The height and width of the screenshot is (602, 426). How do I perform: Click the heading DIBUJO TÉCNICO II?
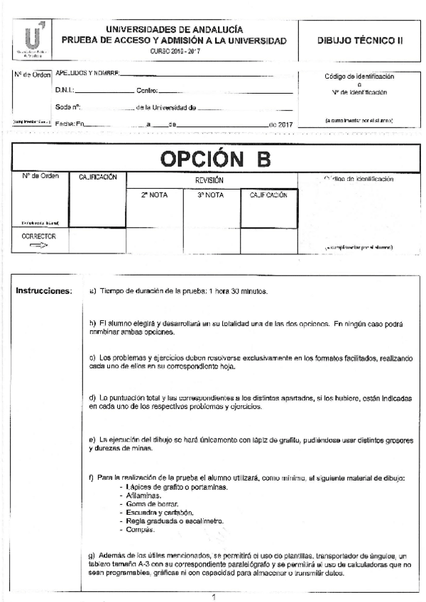pyautogui.click(x=360, y=41)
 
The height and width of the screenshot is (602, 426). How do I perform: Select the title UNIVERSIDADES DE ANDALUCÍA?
pyautogui.click(x=175, y=29)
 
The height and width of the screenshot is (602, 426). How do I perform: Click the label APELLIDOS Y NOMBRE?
pyautogui.click(x=86, y=73)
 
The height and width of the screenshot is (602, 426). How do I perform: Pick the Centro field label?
pyautogui.click(x=148, y=91)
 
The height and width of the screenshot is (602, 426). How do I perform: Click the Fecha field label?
pyautogui.click(x=66, y=124)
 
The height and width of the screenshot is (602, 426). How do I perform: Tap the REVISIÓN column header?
pyautogui.click(x=209, y=180)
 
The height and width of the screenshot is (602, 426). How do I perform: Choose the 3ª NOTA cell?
pyautogui.click(x=210, y=195)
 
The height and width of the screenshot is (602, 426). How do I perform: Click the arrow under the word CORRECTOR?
pyautogui.click(x=38, y=245)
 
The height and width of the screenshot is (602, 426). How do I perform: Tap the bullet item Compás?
pyautogui.click(x=138, y=530)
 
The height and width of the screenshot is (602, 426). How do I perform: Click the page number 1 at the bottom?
pyautogui.click(x=213, y=596)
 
